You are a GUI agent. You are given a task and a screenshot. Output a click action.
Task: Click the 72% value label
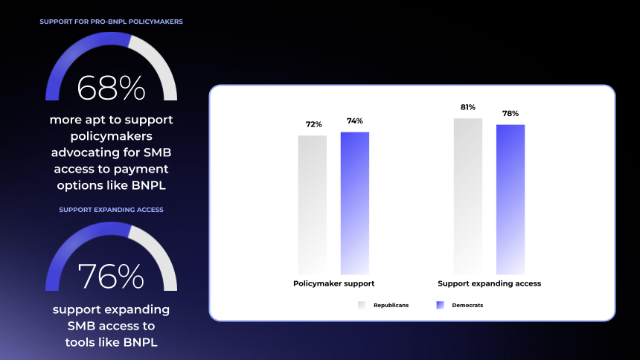coord(314,124)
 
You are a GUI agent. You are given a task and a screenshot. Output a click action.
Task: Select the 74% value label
coord(355,120)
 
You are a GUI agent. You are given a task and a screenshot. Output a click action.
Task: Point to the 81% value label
coord(468,107)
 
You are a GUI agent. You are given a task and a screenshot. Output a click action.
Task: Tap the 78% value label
coord(511,113)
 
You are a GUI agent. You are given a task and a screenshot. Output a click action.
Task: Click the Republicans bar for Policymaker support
coord(313,205)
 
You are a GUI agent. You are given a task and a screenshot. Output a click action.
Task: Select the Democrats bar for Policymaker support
coord(355,203)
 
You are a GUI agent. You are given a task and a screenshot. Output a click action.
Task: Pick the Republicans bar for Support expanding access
coord(468,196)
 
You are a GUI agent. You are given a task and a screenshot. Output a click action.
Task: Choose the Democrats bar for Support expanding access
coord(511,199)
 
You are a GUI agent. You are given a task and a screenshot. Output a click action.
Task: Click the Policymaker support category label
coord(333,283)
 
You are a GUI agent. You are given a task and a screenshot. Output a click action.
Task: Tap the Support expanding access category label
coord(490,283)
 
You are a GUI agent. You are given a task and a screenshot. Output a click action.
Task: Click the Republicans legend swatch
coord(362,305)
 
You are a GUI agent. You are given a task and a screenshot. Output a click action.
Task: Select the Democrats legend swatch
coord(440,305)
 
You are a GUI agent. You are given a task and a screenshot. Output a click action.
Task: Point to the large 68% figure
coord(111,88)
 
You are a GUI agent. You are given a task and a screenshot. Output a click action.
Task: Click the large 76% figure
coord(111,277)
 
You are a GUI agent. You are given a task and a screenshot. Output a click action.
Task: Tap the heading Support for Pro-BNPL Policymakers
coord(111,22)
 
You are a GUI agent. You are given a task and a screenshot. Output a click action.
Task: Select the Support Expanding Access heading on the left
coord(111,210)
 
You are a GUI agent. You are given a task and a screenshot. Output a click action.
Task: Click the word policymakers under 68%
coord(111,136)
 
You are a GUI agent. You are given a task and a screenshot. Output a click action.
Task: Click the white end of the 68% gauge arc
coord(170,98)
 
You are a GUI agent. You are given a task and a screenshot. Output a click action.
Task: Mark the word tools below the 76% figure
coord(80,342)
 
